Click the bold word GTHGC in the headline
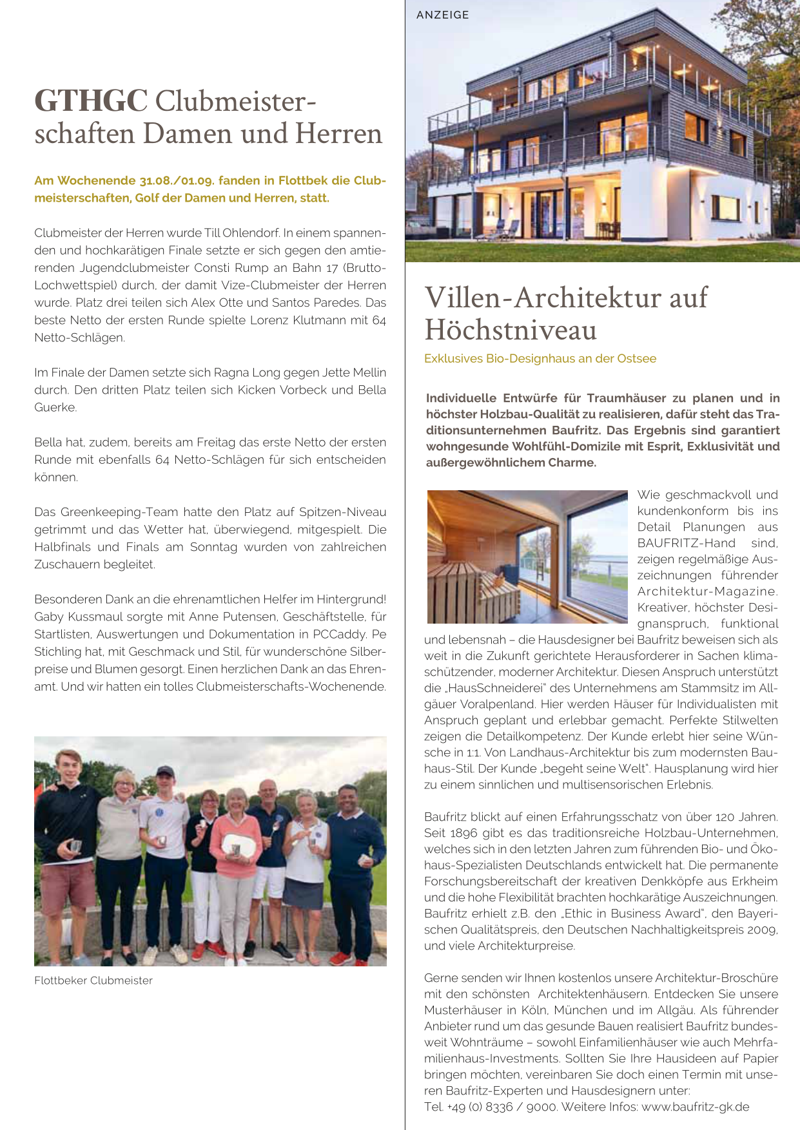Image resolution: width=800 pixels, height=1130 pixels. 91,101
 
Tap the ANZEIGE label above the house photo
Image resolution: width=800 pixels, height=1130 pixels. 443,15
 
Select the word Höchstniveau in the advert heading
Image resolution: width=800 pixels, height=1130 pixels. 511,330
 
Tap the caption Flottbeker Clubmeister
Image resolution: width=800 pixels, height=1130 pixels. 93,981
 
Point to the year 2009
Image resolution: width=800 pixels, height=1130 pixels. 764,930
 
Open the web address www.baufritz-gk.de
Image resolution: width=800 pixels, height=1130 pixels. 696,1107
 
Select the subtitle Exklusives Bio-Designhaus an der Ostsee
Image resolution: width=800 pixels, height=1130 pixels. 540,358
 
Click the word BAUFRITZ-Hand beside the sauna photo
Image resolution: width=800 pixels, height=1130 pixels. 687,543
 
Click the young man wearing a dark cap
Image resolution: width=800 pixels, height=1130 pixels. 164,831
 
